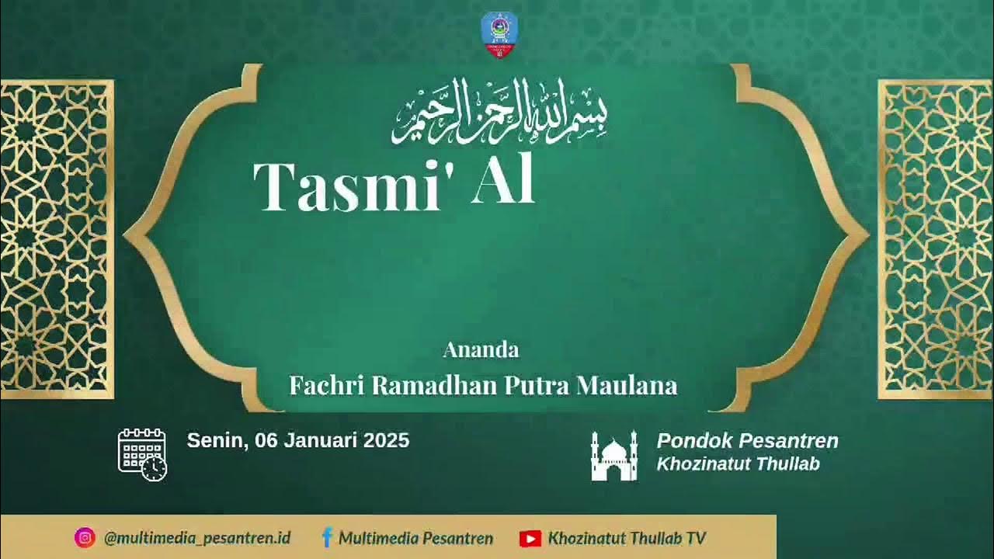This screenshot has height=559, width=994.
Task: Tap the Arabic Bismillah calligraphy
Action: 499,111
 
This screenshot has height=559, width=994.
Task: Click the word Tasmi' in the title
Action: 346,186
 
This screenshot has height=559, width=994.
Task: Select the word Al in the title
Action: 503,183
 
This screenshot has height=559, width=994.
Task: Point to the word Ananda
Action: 481,350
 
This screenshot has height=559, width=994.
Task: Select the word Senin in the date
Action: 215,441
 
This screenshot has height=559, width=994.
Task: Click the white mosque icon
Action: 613,456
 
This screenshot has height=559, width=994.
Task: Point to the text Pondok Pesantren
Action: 747,441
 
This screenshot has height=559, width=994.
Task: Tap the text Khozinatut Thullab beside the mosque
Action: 738,464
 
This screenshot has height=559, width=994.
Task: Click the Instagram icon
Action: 85,538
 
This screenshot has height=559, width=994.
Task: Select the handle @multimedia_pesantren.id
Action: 197,538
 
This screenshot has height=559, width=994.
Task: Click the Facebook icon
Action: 327,538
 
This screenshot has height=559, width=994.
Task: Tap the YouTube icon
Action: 530,538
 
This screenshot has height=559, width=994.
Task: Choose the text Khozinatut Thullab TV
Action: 627,538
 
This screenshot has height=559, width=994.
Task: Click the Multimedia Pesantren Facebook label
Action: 415,538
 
